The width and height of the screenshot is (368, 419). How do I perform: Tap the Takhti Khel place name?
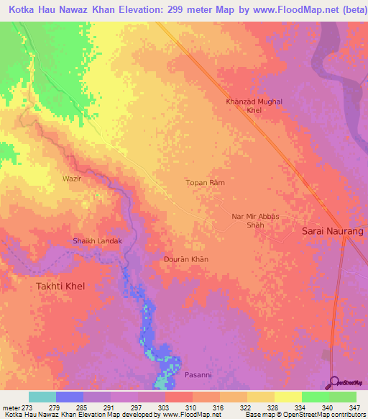pos(60,286)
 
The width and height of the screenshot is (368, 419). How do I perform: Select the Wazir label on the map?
pos(71,178)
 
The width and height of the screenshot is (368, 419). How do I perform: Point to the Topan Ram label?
pos(206,183)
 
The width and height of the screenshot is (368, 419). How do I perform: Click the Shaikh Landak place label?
pos(97,240)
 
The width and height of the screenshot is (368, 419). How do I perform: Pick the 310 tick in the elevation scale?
pos(193,407)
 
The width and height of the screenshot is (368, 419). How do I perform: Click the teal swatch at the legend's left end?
pos(42,397)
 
